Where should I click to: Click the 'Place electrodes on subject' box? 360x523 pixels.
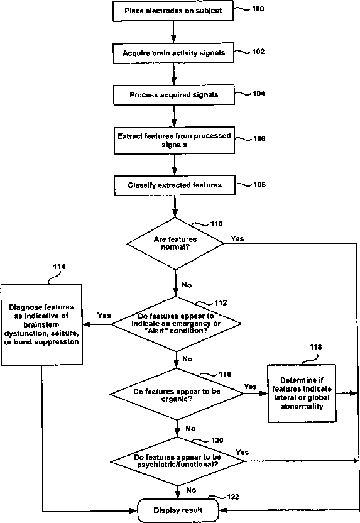[x=173, y=11]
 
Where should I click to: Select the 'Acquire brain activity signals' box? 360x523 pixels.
[x=173, y=53]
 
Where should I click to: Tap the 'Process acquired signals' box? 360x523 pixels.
[x=174, y=95]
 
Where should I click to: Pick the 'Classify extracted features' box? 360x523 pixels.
[x=175, y=185]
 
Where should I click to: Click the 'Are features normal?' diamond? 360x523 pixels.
[x=175, y=243]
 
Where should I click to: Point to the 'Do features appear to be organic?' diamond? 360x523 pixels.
[x=177, y=394]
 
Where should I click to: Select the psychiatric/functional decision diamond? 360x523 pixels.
[x=178, y=461]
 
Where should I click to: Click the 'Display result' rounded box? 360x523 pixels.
[x=178, y=510]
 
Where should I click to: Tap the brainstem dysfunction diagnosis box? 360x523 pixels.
[x=41, y=324]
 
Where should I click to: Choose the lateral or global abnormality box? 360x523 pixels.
[x=302, y=394]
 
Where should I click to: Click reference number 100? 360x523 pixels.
[x=258, y=9]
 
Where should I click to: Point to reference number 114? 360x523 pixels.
[x=59, y=267]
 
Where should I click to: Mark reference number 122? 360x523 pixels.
[x=233, y=497]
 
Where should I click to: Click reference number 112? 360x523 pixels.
[x=221, y=303]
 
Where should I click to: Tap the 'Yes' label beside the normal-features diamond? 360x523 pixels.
[x=237, y=239]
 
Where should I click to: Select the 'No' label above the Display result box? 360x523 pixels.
[x=191, y=490]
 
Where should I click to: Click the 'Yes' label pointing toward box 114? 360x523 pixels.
[x=104, y=316]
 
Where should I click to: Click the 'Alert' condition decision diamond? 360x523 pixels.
[x=176, y=324]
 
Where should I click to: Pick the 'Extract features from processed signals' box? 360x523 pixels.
[x=174, y=140]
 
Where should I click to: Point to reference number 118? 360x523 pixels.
[x=315, y=347]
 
